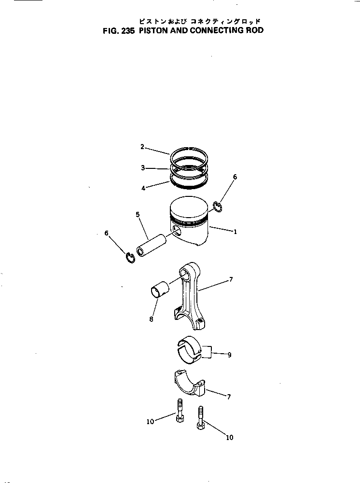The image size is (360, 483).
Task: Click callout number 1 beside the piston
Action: pos(235,232)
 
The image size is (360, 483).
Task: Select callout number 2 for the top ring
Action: pos(142,147)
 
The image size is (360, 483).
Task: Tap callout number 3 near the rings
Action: pos(143,168)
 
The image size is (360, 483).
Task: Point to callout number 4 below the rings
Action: pos(143,189)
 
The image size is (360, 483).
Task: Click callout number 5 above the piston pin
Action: pos(138,214)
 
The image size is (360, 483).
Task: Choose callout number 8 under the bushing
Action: pos(151,319)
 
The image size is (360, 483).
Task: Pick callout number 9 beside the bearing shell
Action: pos(229,355)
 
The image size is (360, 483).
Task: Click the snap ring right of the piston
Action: pos(218,207)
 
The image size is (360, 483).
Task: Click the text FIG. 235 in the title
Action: pos(118,30)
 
